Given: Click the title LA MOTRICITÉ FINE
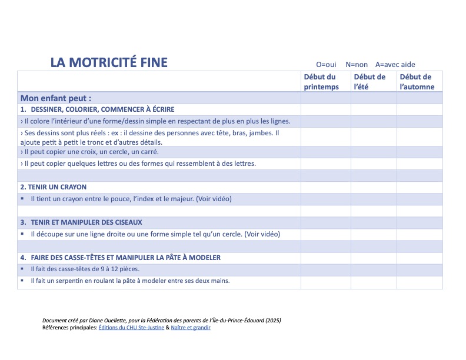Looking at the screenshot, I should coord(109,62).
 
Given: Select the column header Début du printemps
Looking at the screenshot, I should coord(321,82).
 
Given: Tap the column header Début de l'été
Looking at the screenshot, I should coord(370,82).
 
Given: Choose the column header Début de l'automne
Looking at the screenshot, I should coord(417,82).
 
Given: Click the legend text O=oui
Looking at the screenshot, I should coord(326,65).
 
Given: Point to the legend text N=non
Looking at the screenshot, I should coord(357,65).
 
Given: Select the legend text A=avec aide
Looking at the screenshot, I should coord(395,65).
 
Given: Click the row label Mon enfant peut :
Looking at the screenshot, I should coord(56,98).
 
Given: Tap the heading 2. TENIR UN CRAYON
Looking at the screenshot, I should coord(54,187).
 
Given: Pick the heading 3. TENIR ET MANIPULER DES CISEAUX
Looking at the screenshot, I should coord(81,222).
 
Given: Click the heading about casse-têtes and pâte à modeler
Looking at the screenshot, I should coord(121,258).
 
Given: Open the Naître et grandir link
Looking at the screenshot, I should coord(191,328).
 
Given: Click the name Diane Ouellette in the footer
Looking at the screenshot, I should coord(109,321).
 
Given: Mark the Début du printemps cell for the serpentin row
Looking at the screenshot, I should coord(326,282).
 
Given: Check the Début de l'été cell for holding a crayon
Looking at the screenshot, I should coord(374,199).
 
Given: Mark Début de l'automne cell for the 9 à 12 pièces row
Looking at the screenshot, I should coord(420,269).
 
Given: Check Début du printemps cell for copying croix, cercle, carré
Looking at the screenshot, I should coord(326,152).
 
